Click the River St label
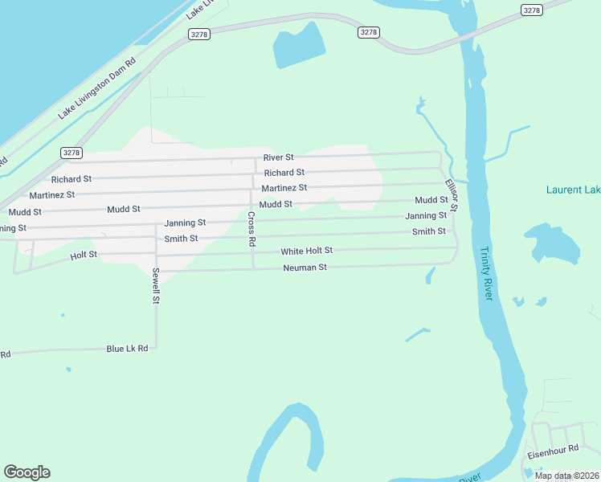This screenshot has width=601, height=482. (278, 157)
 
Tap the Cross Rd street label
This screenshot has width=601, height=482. (251, 228)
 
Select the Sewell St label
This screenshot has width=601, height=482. (157, 286)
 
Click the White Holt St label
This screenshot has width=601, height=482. (306, 251)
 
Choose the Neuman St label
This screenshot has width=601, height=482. (305, 268)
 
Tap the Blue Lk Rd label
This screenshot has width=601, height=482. (127, 349)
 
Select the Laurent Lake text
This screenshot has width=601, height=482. (573, 190)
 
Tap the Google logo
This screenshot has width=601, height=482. (27, 472)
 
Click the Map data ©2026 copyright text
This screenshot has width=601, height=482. (566, 476)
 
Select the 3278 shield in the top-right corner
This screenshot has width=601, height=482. (531, 10)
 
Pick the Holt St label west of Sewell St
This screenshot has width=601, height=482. (84, 255)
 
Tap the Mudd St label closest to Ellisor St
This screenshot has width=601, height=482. (431, 200)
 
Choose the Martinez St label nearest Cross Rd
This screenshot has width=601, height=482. (284, 188)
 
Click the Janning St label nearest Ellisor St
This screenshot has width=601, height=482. (426, 216)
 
